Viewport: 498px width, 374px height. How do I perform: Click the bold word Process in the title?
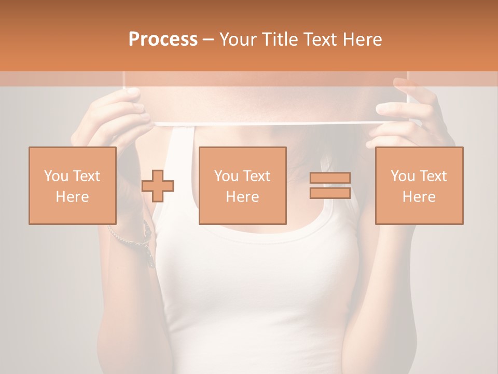(163, 39)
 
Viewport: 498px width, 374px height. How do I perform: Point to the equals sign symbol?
(330, 185)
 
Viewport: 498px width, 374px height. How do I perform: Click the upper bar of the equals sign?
(330, 178)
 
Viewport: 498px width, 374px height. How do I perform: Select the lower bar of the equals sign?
(330, 193)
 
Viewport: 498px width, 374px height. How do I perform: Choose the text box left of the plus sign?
(73, 185)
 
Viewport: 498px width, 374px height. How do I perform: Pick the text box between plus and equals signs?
(243, 185)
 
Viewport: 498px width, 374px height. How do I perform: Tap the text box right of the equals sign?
(419, 185)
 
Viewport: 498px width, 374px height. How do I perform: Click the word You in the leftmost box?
(56, 176)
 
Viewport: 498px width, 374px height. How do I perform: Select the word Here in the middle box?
(243, 197)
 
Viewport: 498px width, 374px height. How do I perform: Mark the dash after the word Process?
(208, 39)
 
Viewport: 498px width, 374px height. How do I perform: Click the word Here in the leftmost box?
(73, 197)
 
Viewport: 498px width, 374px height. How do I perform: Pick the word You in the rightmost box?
(402, 176)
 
